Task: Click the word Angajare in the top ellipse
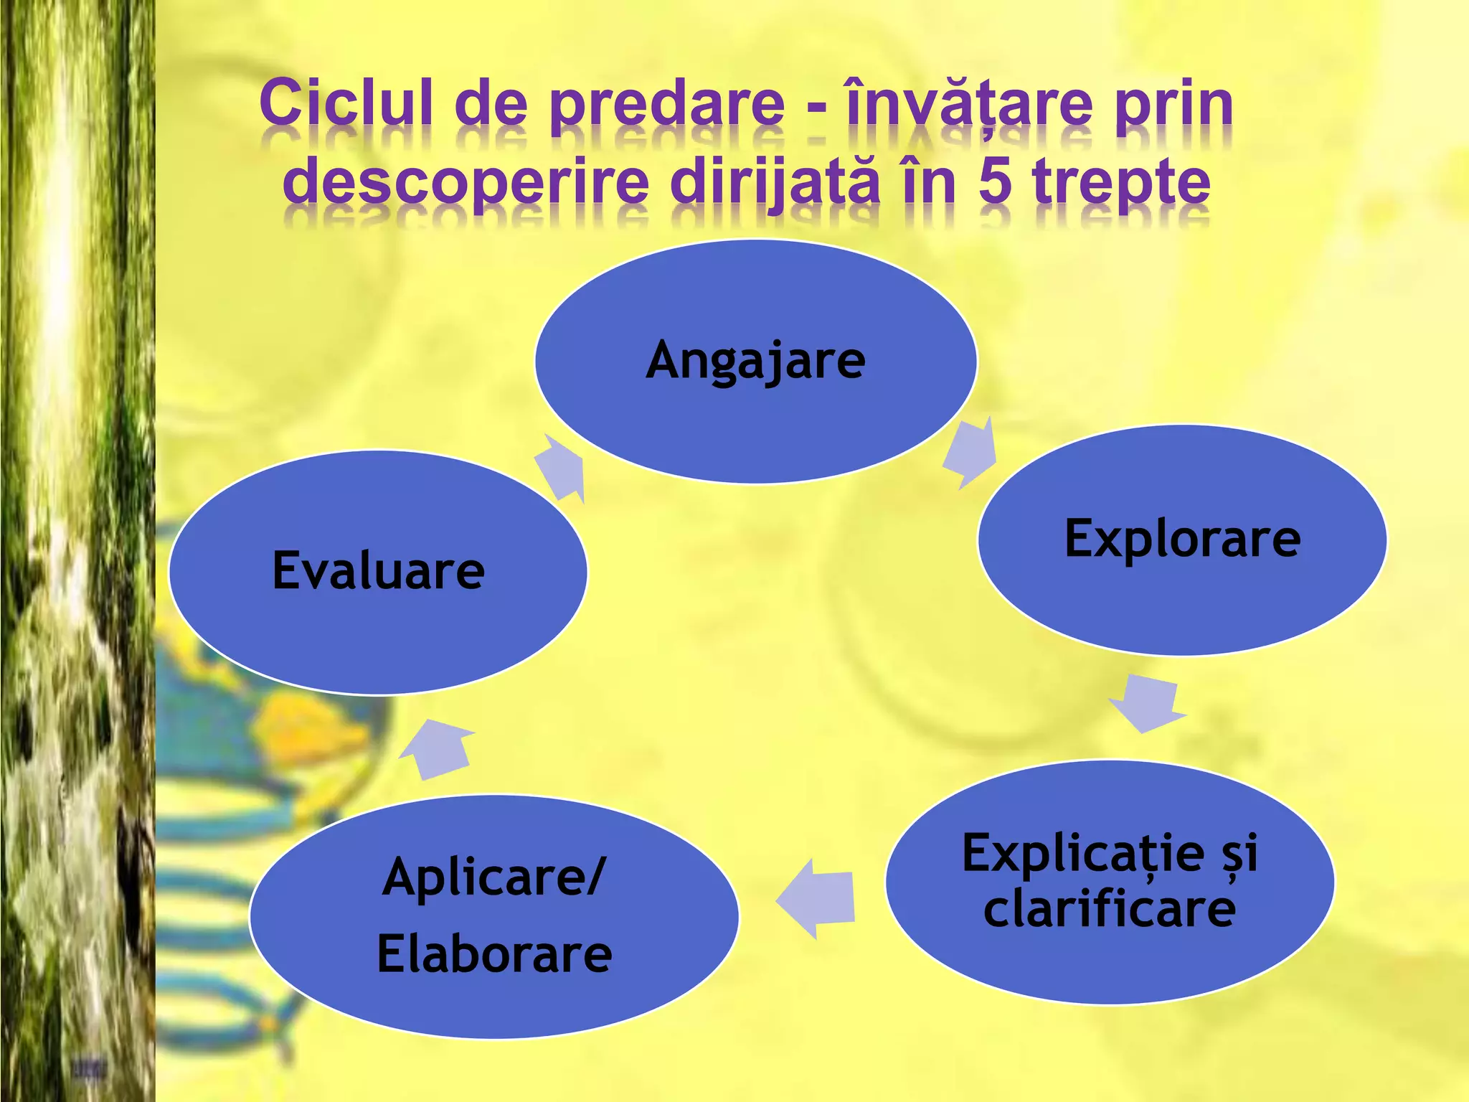[x=755, y=361]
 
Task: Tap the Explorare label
[x=1182, y=539]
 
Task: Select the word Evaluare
[x=378, y=571]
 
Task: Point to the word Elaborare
[x=494, y=955]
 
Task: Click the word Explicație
[x=1083, y=854]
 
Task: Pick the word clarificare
[x=1109, y=910]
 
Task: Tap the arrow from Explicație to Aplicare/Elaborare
[x=818, y=898]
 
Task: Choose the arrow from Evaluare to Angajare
[x=561, y=468]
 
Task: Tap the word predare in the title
[x=667, y=104]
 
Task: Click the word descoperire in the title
[x=466, y=183]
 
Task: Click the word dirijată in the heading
[x=775, y=183]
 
